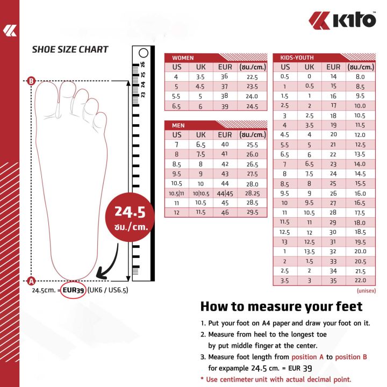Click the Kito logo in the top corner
point(342,20)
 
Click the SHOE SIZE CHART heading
point(70,49)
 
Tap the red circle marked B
point(31,81)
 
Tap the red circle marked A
point(31,281)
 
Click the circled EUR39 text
point(74,290)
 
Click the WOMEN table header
point(183,58)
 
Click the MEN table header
point(178,125)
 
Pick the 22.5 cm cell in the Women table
point(252,77)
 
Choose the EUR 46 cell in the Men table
point(225,213)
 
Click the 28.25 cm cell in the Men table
point(252,193)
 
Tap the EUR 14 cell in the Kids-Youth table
point(333,76)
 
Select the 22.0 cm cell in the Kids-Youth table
point(360,281)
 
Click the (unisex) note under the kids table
point(365,290)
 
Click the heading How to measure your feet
point(281,307)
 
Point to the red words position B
point(350,357)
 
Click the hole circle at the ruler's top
point(143,53)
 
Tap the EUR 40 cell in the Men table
point(225,145)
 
